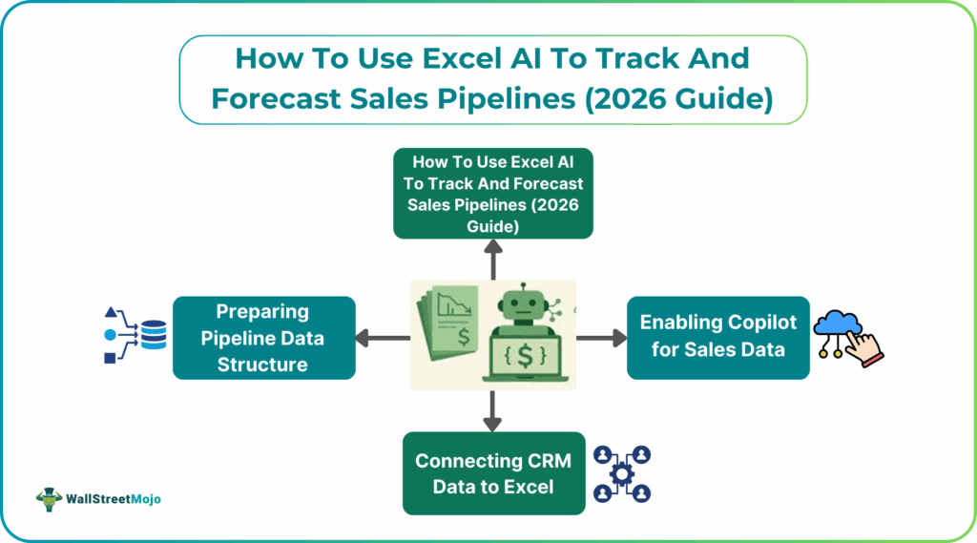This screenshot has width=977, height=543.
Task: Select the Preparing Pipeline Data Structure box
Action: coord(263,338)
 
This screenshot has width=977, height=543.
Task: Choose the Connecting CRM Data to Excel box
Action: coord(492,473)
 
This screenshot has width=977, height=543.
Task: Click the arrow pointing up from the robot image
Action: coord(493,258)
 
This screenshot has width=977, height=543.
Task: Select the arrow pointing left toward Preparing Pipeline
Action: coord(382,337)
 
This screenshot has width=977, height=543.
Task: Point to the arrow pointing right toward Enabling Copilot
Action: coord(600,337)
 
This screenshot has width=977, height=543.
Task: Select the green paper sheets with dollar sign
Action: coord(450,329)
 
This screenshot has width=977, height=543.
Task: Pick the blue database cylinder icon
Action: coord(154,336)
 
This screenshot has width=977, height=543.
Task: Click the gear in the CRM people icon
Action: coord(622,474)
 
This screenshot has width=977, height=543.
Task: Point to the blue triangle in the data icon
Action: coord(112,313)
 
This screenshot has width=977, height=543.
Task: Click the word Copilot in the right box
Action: coord(756,323)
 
